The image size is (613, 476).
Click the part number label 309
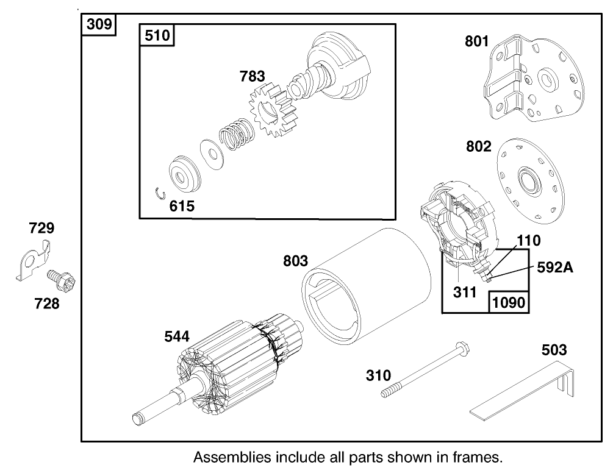coord(99,25)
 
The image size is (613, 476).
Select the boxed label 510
coord(158,36)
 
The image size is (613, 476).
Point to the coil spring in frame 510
coord(234,137)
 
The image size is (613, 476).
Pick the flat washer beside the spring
coord(211,153)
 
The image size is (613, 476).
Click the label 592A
coord(555,266)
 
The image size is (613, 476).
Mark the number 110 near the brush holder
coord(529,241)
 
